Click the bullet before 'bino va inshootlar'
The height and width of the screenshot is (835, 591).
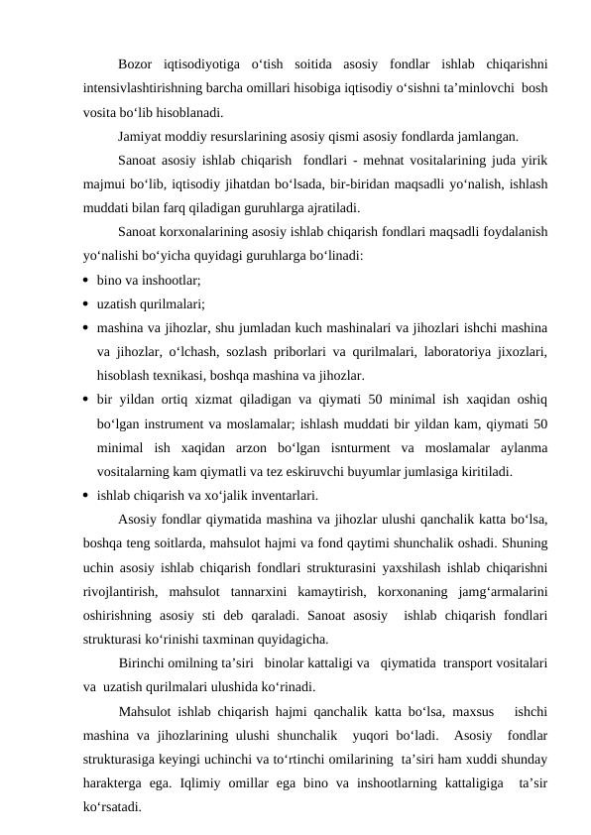[x=87, y=282]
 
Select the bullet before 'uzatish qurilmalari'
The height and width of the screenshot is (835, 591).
[x=87, y=305]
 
